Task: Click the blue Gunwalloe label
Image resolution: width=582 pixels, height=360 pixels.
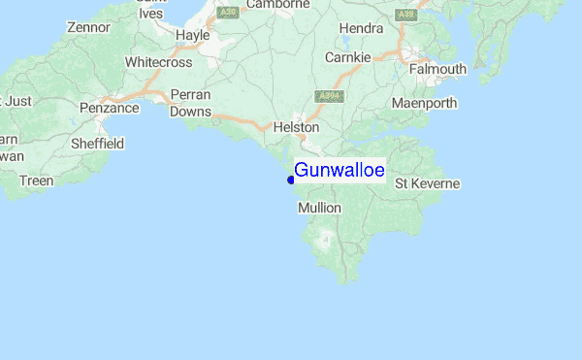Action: tap(339, 171)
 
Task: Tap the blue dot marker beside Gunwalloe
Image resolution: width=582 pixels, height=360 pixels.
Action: tap(291, 180)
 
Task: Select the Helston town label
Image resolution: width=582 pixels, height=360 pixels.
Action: tap(296, 127)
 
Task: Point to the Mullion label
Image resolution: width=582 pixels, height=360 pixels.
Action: tap(320, 208)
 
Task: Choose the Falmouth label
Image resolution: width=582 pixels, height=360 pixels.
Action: tap(437, 70)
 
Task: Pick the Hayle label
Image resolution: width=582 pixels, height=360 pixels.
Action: tap(192, 35)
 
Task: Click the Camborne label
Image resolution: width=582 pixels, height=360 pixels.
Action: tap(277, 5)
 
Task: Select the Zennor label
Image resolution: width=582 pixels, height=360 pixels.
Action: tap(88, 27)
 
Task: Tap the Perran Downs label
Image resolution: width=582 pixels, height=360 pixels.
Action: tap(190, 103)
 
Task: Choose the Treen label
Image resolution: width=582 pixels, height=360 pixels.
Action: tap(36, 180)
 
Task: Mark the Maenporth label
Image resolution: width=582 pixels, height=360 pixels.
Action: tap(424, 103)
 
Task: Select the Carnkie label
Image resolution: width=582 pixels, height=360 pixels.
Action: tap(347, 57)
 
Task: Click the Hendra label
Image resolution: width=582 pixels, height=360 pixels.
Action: tap(360, 28)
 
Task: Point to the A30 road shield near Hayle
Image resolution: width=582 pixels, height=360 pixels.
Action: tap(228, 12)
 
